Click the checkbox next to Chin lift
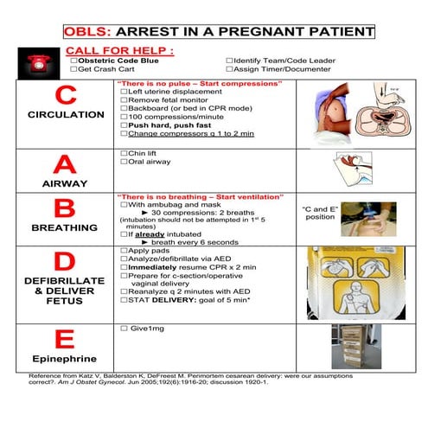pyautogui.click(x=123, y=154)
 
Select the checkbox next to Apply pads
pyautogui.click(x=123, y=251)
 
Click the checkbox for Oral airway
pyautogui.click(x=123, y=162)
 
